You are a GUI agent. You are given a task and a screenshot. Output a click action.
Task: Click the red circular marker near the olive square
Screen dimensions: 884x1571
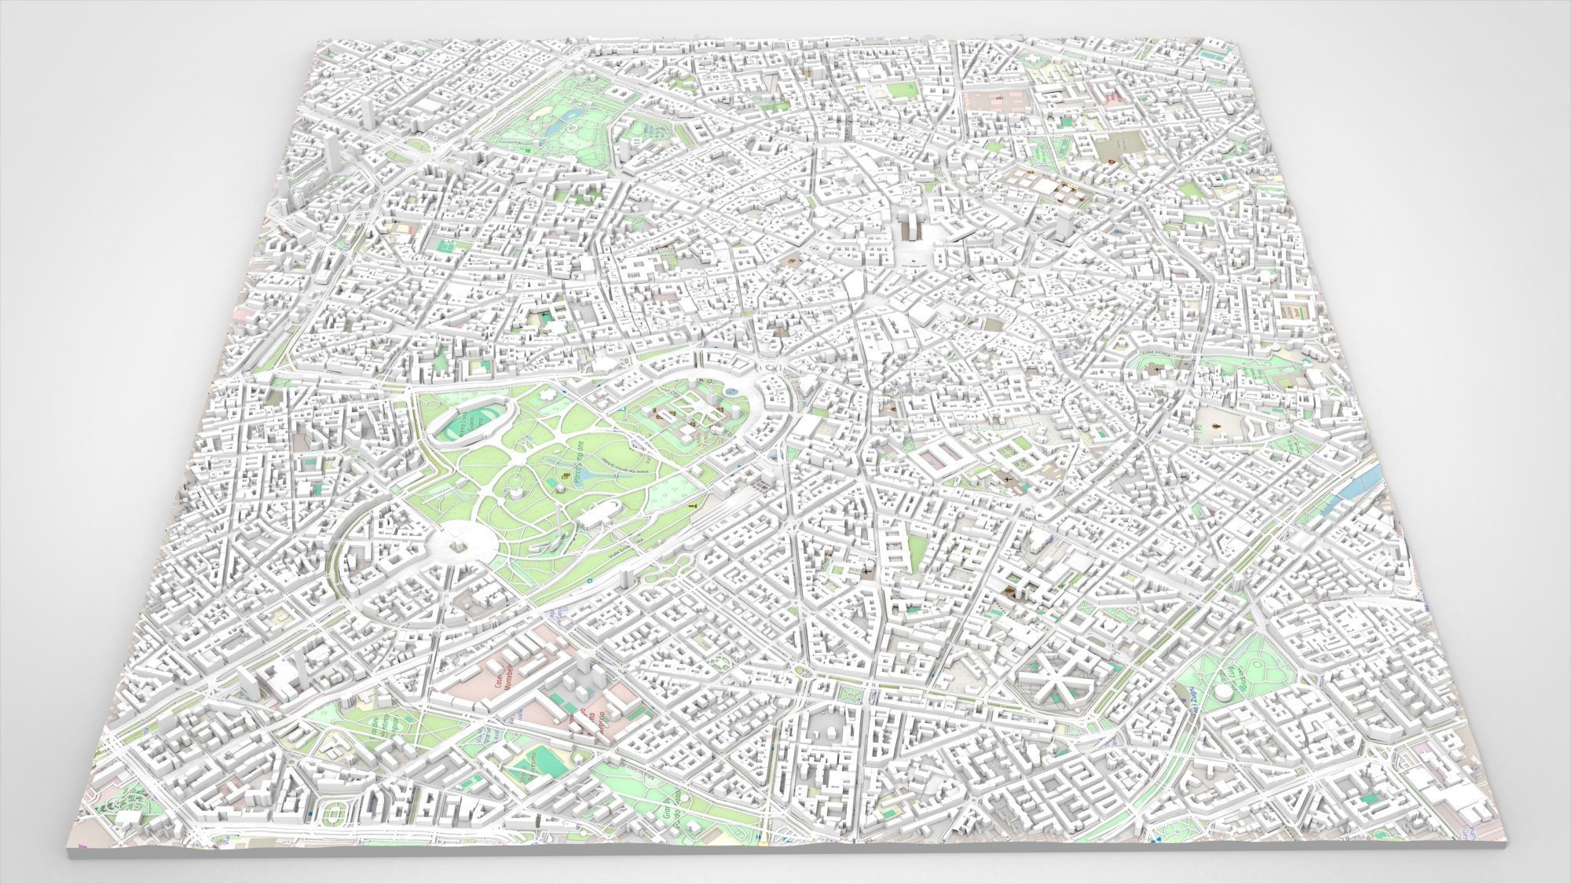(1112, 160)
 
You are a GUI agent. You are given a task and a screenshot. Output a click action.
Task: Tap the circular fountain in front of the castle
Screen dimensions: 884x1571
(732, 391)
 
